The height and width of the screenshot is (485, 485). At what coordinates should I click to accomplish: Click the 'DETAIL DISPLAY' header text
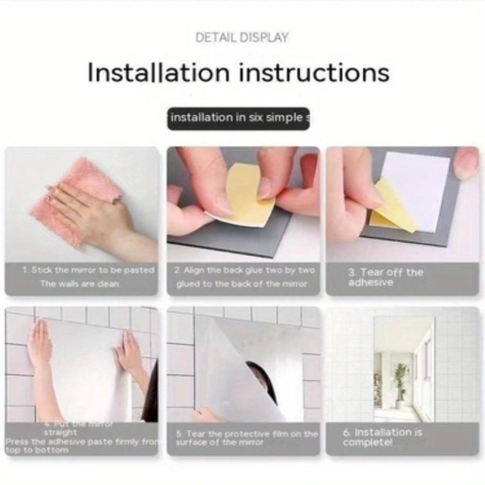242,37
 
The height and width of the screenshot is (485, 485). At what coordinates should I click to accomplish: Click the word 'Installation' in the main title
158,73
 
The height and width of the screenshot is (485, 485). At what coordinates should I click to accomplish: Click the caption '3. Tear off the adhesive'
385,277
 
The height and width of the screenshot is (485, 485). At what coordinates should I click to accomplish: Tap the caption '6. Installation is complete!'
382,437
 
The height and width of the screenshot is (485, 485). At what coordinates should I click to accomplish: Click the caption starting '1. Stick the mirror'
88,277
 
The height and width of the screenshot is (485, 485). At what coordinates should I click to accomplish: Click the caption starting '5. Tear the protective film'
246,437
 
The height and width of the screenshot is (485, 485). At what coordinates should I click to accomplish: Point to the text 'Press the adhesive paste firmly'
82,442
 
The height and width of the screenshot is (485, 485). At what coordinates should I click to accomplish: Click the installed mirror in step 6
404,369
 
